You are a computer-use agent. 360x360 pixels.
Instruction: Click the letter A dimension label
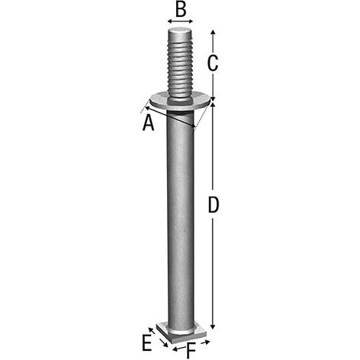pyautogui.click(x=149, y=123)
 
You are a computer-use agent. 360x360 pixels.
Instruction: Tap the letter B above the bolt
pyautogui.click(x=181, y=10)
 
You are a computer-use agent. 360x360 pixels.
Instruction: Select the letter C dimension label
pyautogui.click(x=213, y=63)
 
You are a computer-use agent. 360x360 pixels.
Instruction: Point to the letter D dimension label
pyautogui.click(x=214, y=205)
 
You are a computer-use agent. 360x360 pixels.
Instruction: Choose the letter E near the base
pyautogui.click(x=147, y=343)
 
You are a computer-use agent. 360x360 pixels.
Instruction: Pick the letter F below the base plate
pyautogui.click(x=191, y=352)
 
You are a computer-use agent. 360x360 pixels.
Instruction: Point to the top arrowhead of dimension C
pyautogui.click(x=214, y=32)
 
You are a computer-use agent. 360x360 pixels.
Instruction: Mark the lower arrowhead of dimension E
pyautogui.click(x=165, y=345)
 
